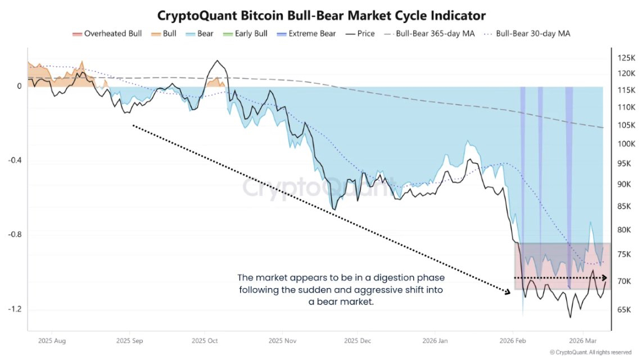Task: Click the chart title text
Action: (x=321, y=15)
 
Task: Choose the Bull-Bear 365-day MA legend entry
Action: (x=429, y=34)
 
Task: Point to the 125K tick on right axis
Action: (x=626, y=58)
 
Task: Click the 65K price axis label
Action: (x=625, y=309)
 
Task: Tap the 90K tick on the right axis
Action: (x=625, y=184)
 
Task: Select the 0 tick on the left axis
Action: (x=19, y=86)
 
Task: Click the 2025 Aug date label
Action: (x=52, y=341)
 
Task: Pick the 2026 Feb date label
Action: (x=512, y=341)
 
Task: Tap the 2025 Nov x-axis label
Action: (x=282, y=341)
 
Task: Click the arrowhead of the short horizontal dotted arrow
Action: (x=604, y=278)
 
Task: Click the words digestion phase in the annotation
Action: (x=415, y=278)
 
